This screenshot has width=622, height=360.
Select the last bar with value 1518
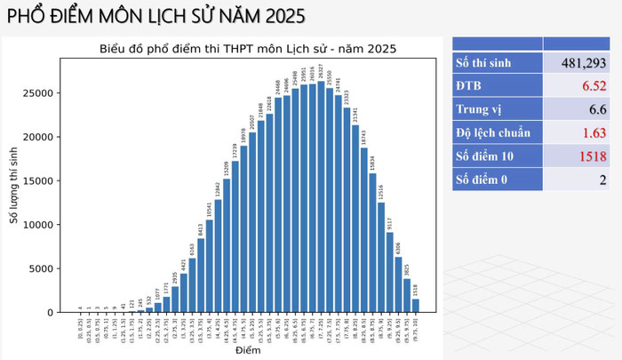[x=415, y=306]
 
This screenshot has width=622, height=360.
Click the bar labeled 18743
[x=363, y=230]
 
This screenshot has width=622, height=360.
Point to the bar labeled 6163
[x=193, y=285]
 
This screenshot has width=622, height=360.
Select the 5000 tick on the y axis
[x=50, y=268]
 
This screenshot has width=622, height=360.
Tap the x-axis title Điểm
[x=248, y=352]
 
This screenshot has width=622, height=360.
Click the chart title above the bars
[x=248, y=48]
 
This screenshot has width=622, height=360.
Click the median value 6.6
[x=596, y=109]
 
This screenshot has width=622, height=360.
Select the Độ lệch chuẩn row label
[x=493, y=133]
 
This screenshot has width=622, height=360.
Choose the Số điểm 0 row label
[x=485, y=180]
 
